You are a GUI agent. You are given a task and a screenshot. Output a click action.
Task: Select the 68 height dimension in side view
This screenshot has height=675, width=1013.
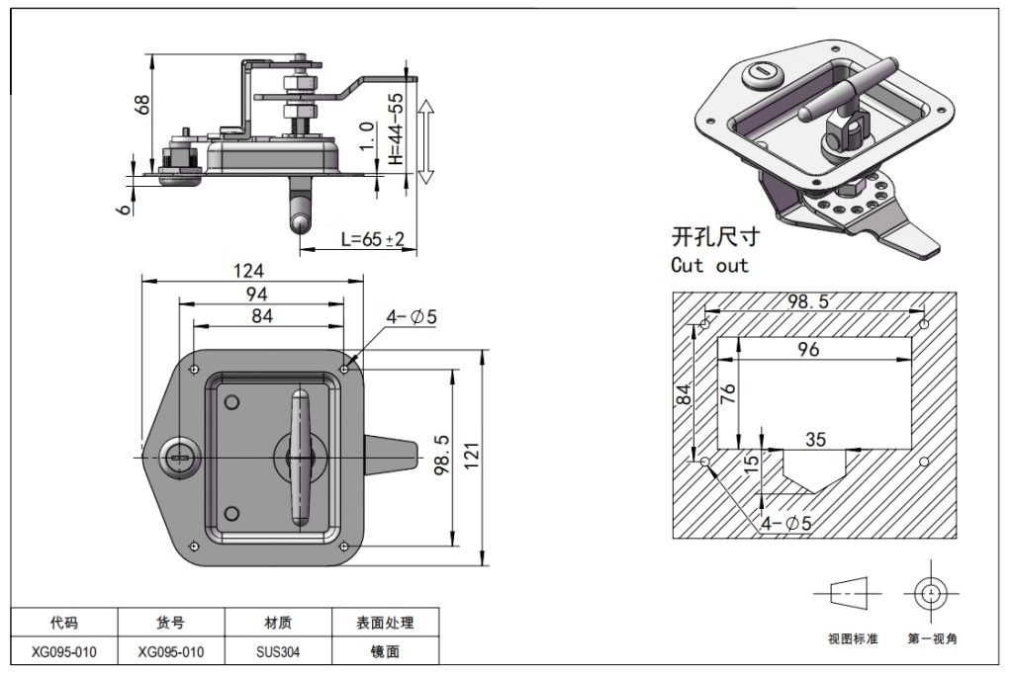pos(142,103)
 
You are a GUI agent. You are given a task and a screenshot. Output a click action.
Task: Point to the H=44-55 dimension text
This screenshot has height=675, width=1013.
pos(396,128)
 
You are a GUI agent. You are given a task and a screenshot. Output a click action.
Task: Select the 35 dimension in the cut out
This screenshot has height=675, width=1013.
pos(815,440)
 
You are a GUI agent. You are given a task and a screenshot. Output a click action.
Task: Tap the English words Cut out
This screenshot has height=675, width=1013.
pos(709,265)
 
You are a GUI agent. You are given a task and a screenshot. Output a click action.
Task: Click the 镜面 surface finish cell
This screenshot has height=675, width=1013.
pos(385,652)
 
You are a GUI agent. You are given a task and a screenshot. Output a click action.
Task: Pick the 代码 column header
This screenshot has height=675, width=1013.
pos(64,624)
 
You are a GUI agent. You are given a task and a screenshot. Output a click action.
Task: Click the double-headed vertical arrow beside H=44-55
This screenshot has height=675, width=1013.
pos(425,140)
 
